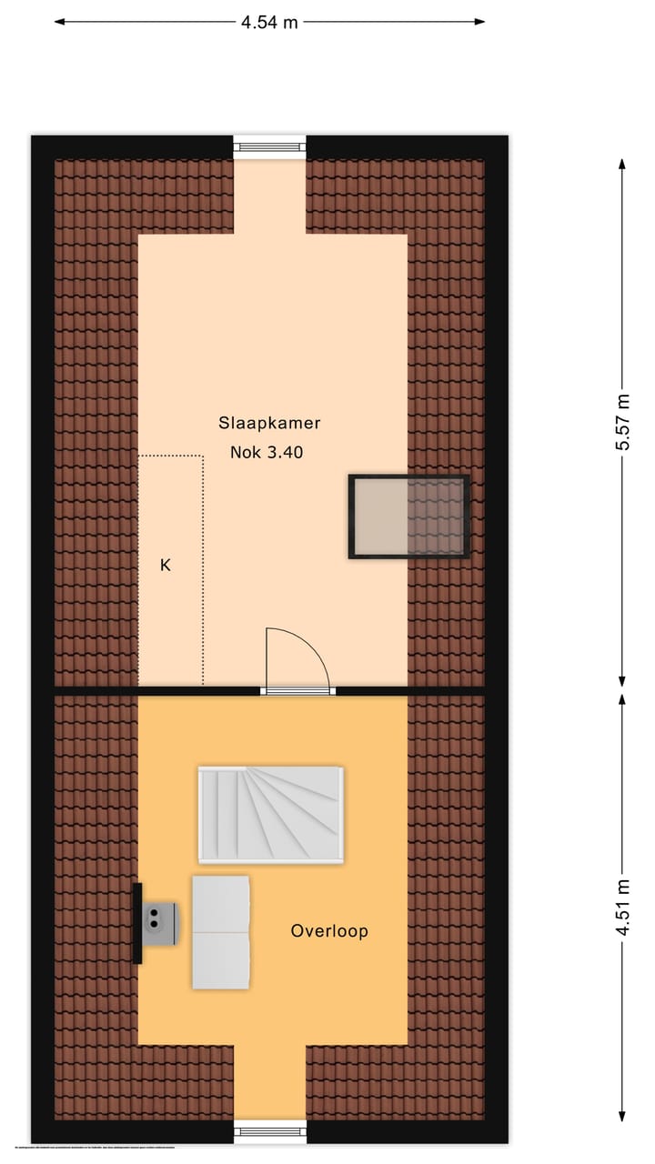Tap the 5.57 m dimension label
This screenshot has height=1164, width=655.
[x=622, y=422]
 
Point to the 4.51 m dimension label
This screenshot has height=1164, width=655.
[x=622, y=907]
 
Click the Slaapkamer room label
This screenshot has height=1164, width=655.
[x=269, y=423]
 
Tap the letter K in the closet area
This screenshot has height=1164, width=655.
[x=166, y=565]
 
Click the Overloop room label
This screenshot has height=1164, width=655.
[x=329, y=930]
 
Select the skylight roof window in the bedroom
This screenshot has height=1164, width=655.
[x=408, y=517]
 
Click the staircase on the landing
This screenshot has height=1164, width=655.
[x=271, y=814]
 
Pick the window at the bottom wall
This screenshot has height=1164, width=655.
[x=270, y=1131]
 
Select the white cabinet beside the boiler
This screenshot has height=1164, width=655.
[x=220, y=932]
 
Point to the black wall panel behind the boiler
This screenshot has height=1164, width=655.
[x=137, y=923]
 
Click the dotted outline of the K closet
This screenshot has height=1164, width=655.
[x=202, y=564]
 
